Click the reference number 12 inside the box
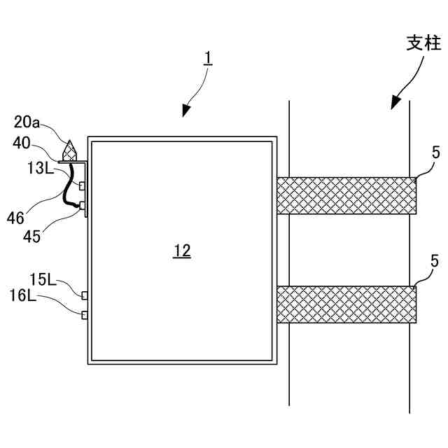pos(182,251)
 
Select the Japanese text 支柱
pos(423,43)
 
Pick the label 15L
pos(42,280)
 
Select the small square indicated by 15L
pos(85,295)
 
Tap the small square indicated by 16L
pos(85,314)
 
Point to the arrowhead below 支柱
pos(394,103)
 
